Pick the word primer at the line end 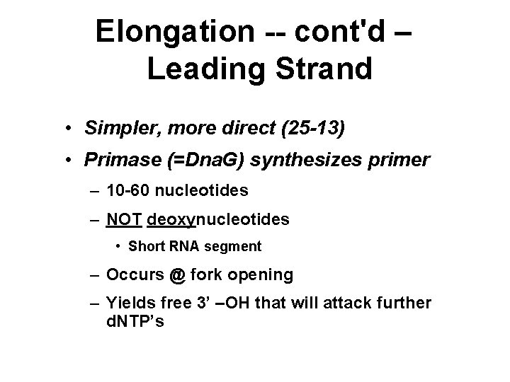pos(402,161)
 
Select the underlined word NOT pos(124,219)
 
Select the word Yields pos(125,303)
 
